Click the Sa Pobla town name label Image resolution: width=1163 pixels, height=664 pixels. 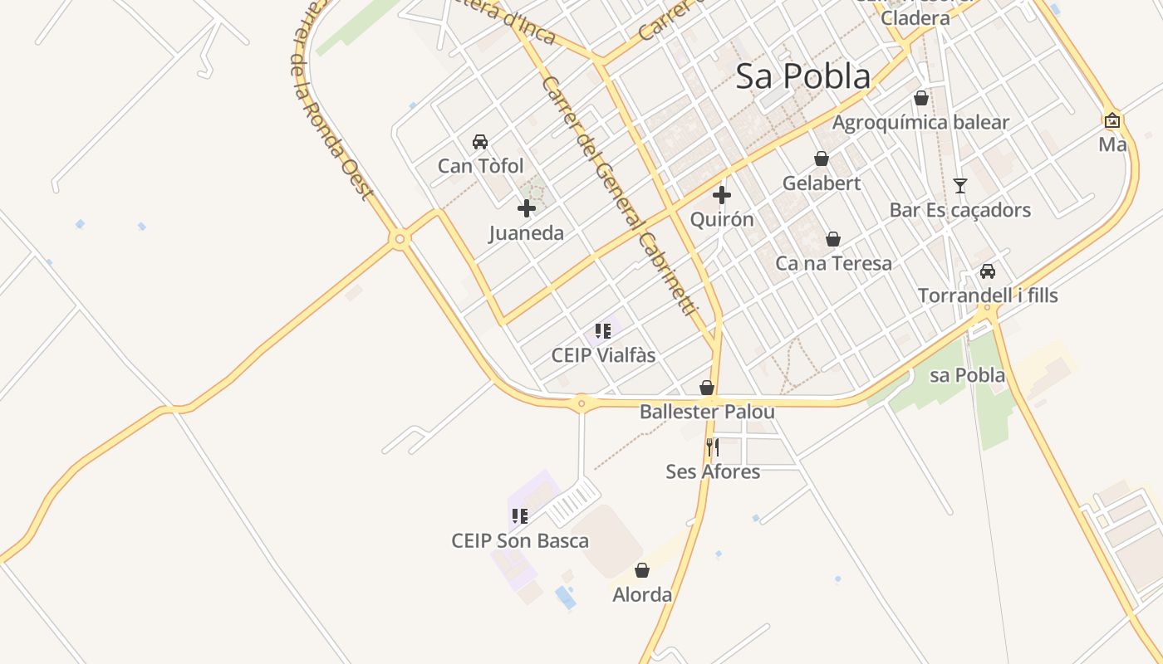[803, 76]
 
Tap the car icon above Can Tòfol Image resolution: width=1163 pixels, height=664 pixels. [480, 142]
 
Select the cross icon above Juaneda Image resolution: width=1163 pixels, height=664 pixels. [527, 208]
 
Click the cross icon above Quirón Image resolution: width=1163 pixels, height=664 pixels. [722, 195]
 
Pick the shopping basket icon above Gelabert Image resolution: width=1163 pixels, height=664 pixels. [822, 159]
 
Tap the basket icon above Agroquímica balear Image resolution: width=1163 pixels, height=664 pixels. [921, 98]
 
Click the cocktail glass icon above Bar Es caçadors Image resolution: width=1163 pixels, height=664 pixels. [960, 185]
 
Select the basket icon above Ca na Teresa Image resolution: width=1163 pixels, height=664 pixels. [833, 239]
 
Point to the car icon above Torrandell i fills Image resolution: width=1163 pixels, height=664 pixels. [988, 271]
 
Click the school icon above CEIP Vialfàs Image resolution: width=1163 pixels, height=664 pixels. [604, 331]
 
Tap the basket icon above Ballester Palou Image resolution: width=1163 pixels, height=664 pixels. [707, 388]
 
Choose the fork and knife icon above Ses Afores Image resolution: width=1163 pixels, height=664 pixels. [713, 447]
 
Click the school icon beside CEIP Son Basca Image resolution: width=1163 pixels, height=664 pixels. [520, 516]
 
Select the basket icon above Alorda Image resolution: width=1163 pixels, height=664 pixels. [642, 570]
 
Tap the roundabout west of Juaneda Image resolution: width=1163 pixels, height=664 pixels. [400, 239]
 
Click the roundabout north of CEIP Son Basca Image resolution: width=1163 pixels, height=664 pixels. [581, 404]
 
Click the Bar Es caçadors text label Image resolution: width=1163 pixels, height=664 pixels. [960, 210]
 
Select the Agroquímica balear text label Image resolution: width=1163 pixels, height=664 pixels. [921, 123]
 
